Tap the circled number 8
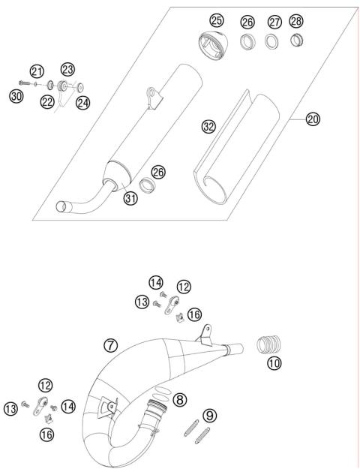(180, 401)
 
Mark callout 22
(47, 102)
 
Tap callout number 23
(67, 69)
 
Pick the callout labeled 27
(273, 20)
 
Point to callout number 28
(298, 20)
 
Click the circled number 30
(14, 96)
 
